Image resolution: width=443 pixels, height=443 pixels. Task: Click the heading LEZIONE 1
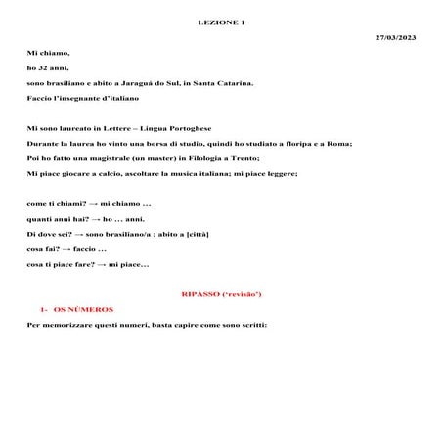coord(221,21)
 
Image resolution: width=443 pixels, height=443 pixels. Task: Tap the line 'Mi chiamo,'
coord(49,52)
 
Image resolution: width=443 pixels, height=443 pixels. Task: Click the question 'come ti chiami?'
coord(55,203)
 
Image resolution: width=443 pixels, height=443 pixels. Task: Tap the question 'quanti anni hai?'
coord(58,219)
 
